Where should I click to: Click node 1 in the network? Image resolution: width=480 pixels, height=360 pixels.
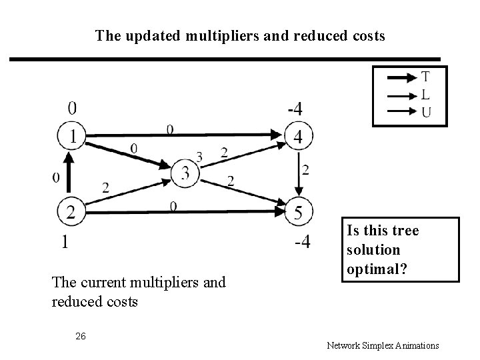point(70,138)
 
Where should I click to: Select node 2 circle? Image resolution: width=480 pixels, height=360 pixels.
point(70,212)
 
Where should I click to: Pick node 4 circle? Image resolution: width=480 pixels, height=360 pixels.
point(299,138)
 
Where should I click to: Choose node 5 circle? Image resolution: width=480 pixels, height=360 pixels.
point(299,212)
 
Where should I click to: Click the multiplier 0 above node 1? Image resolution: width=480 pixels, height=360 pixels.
point(71,107)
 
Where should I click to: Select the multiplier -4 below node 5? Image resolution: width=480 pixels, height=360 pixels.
point(301,243)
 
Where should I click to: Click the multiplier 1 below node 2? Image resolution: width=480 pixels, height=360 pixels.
point(65,243)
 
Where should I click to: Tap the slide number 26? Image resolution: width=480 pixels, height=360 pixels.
point(80,335)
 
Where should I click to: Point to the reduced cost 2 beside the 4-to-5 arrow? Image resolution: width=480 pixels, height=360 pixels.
point(306,170)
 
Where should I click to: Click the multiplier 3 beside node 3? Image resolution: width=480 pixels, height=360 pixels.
point(199,157)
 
